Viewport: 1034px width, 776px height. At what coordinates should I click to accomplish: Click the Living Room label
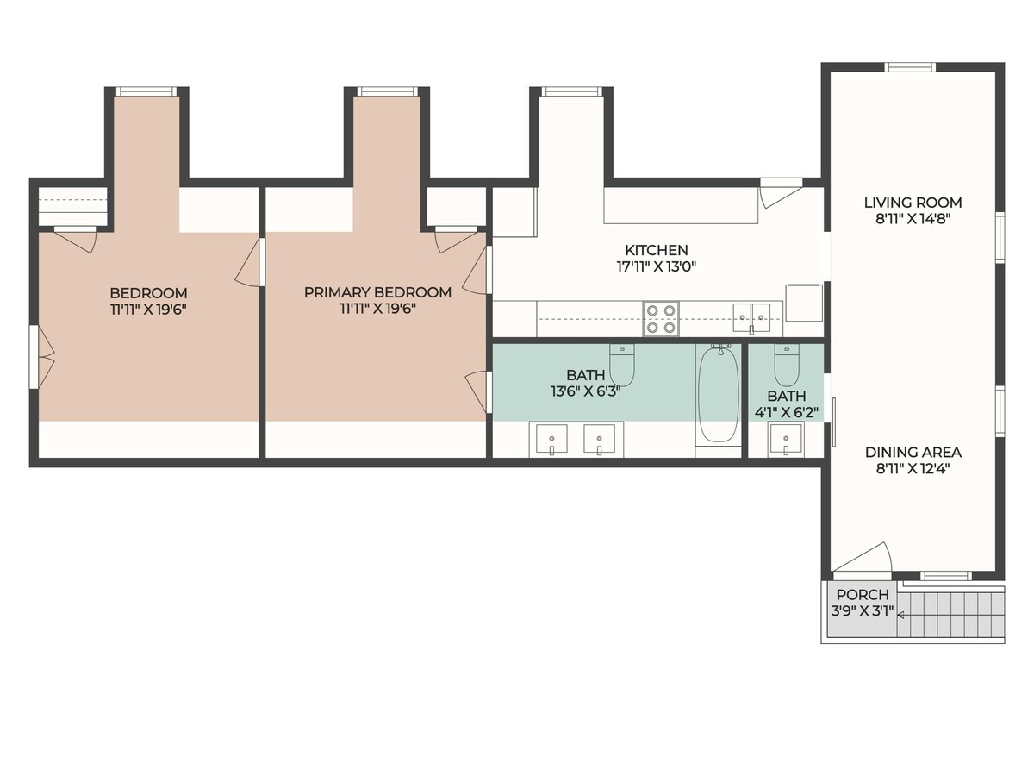913,203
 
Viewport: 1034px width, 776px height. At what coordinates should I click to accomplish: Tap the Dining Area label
913,453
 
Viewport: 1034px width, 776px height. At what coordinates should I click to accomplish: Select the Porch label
863,594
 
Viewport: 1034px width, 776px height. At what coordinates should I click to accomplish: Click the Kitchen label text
657,250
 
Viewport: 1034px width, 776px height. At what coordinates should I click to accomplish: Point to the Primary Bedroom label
377,292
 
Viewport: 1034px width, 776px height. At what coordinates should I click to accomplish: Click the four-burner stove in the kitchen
661,318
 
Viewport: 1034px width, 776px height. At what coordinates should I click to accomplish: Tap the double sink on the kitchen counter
751,318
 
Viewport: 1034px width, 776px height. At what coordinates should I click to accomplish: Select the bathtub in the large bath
719,393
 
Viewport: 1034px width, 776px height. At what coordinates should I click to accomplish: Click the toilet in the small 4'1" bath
787,365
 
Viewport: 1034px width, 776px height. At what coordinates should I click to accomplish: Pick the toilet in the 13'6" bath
622,365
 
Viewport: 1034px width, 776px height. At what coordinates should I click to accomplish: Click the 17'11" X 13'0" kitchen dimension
657,266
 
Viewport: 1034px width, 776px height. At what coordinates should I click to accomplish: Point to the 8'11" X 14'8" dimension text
913,219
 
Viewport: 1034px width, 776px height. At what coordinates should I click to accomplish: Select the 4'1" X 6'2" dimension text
786,412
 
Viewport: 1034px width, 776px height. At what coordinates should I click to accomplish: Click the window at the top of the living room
909,67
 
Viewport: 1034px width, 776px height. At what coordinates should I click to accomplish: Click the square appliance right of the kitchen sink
804,303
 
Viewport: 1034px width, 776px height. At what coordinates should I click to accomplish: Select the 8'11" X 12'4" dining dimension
913,469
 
